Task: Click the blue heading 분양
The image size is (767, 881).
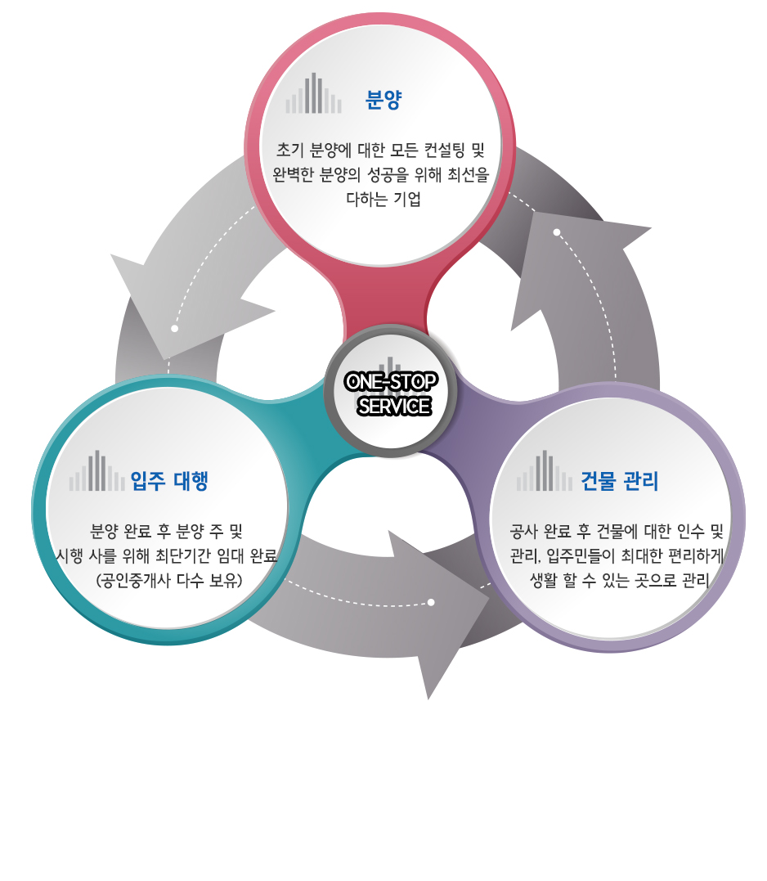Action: pos(383,101)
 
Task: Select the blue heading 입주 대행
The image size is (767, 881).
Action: pos(169,479)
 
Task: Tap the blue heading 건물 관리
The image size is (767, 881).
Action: pos(619,480)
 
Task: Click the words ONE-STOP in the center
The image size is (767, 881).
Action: pos(391,382)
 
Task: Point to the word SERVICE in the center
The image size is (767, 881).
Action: pos(393,406)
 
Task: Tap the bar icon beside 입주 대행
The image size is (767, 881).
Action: pos(96,472)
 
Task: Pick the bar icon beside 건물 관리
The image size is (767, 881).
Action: pos(544,472)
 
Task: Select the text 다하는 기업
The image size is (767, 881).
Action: pos(383,199)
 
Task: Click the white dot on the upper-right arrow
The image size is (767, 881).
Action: pos(557,232)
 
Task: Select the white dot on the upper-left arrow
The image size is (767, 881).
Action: pos(174,329)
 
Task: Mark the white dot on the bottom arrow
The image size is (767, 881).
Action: pos(431,603)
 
